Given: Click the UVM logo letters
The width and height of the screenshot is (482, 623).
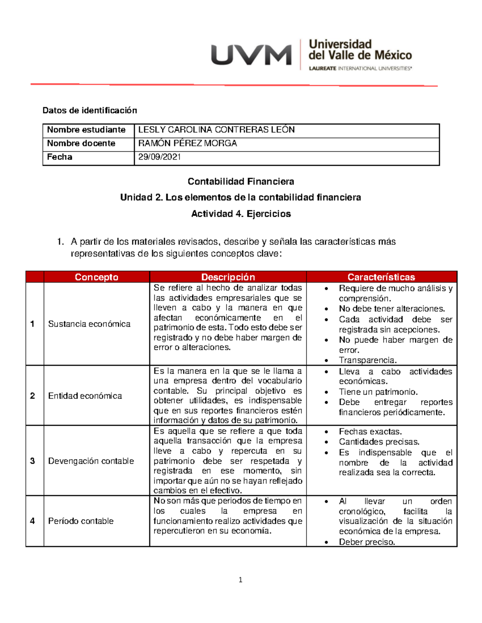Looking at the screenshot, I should (251, 55).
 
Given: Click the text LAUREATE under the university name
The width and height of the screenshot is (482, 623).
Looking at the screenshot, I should (323, 69).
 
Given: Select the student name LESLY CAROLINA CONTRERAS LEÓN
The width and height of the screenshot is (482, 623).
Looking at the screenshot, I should (216, 130).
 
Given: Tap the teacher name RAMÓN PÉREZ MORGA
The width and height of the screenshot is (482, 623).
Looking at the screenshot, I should (187, 144).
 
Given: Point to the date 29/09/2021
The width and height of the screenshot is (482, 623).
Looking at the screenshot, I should (159, 157).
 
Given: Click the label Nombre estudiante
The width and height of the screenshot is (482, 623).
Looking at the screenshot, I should (86, 130).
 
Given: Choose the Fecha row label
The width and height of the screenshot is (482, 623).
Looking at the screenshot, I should (59, 157).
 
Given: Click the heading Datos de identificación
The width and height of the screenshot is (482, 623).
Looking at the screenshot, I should (90, 110).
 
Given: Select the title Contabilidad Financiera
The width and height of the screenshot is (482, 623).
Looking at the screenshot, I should (241, 182).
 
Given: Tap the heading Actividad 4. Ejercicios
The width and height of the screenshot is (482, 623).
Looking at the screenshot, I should (241, 214).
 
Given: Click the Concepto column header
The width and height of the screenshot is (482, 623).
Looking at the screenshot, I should (96, 277).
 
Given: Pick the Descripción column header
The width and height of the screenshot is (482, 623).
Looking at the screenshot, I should (228, 277).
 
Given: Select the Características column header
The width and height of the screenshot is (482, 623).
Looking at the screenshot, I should (381, 277).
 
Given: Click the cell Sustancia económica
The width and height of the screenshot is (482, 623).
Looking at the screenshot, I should (89, 324).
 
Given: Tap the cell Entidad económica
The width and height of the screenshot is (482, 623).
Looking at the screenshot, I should (85, 396).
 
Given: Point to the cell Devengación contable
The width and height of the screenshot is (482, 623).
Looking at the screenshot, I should (91, 461).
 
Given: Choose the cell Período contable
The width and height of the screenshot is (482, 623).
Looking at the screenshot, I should (81, 521).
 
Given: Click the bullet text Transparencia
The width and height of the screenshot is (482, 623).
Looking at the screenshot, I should (368, 360).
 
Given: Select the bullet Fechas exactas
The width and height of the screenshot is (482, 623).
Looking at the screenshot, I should (370, 432).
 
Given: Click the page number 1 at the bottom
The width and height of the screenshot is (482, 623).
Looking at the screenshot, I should (240, 580).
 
